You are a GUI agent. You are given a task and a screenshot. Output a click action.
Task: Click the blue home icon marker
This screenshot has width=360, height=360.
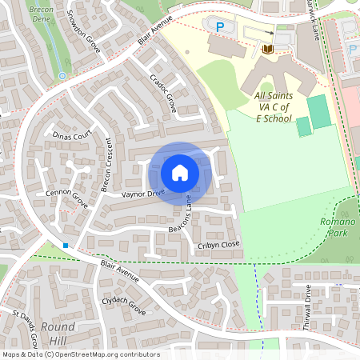180,172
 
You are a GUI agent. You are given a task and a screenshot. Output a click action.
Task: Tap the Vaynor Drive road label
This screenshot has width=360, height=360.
142,193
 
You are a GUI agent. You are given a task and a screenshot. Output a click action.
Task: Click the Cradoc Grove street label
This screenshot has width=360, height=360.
162,93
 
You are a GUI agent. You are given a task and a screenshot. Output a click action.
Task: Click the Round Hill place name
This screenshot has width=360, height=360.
58,334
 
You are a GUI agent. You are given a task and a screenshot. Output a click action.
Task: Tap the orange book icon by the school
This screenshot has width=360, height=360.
266,50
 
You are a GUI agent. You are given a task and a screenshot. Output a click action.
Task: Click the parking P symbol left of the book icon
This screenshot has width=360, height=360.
220,26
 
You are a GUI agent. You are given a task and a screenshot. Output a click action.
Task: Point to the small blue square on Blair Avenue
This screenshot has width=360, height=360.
66,245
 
